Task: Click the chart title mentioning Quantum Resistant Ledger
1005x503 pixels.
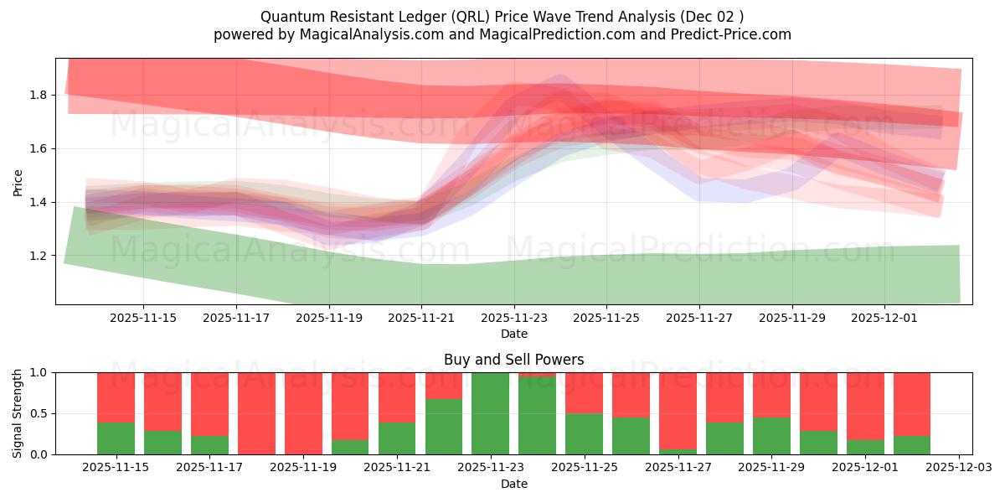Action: (502, 17)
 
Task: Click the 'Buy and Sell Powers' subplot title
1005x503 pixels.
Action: (513, 360)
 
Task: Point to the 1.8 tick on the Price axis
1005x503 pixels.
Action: (39, 95)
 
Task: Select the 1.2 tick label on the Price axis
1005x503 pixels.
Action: (39, 256)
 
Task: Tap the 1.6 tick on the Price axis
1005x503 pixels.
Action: (39, 148)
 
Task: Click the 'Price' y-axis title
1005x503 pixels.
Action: (18, 182)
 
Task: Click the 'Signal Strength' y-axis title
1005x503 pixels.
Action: (18, 413)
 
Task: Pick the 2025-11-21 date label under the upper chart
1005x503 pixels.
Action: (421, 318)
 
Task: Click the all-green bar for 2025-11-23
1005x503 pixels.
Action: (491, 413)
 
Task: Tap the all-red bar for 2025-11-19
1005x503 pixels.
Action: (303, 413)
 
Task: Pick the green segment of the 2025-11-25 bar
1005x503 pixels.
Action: (585, 433)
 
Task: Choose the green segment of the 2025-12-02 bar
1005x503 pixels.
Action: (912, 445)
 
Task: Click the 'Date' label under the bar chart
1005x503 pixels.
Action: (513, 484)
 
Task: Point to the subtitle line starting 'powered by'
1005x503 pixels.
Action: (502, 34)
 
